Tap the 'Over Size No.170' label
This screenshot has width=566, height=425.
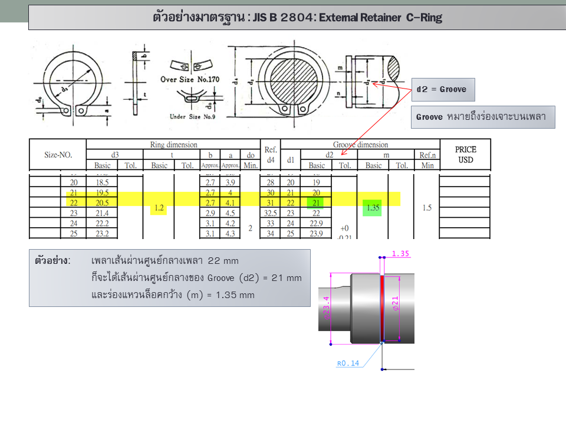190,79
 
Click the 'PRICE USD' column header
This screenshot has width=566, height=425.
465,155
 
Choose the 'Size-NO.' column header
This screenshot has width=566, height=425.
58,155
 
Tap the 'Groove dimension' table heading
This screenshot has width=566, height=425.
360,145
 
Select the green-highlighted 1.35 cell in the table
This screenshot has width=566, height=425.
373,208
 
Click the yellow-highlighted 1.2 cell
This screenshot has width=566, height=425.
159,208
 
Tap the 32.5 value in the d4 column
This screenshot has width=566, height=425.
271,213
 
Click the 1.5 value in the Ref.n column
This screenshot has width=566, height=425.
426,208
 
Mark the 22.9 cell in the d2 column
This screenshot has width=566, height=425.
316,224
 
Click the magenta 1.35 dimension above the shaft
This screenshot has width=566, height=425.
400,253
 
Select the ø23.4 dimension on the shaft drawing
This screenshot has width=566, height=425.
326,308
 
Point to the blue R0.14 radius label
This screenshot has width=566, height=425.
348,364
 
